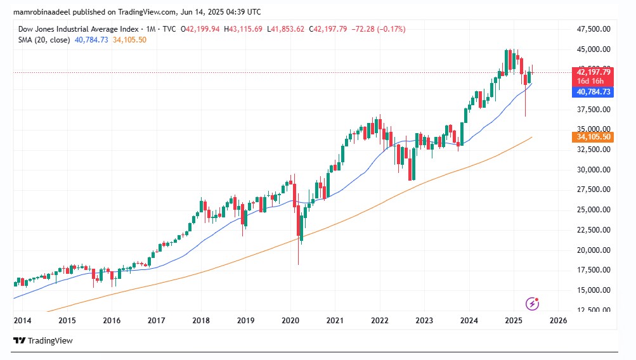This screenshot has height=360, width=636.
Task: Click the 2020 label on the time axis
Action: coord(290,321)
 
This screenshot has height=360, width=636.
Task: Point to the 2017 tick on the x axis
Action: coord(157,321)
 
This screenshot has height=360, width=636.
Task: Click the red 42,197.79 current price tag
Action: coord(594,72)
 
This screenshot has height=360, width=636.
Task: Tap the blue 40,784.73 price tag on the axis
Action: coord(594,92)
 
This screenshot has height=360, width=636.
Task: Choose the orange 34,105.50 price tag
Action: coord(594,137)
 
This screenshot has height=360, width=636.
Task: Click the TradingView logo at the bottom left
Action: coord(43,341)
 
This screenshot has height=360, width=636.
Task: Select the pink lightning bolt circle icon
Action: coord(533,304)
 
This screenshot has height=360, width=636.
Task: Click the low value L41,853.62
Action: coord(285,29)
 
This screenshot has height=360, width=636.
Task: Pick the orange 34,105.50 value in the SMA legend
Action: coord(129,39)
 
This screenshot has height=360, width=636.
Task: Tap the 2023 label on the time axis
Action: coord(424,321)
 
